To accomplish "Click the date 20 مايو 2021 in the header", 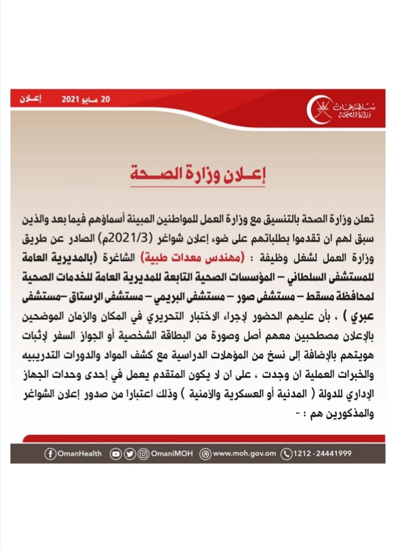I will pos(86,98).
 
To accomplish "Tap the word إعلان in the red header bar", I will pos(29,98).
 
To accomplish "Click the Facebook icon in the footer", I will pos(50,454).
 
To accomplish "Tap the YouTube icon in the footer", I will pos(116,454).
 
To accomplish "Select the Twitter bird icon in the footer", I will pos(129,454).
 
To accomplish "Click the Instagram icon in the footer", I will pos(143,454).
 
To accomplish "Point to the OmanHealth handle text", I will pos(79,454).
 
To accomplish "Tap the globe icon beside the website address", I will pos(206,454).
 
